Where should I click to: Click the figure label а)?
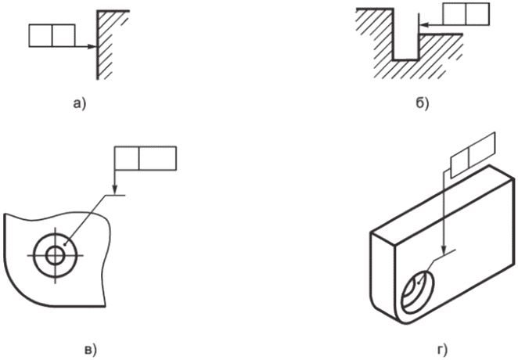79,104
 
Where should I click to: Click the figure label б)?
422,103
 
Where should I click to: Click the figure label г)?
442,349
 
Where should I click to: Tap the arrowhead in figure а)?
93,47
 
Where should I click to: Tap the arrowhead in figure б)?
423,24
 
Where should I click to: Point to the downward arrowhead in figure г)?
444,250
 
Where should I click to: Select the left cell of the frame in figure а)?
41,35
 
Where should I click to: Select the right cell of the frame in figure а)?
63,35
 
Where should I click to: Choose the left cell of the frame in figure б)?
455,13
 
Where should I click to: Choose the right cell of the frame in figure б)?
477,13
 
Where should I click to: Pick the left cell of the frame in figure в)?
127,158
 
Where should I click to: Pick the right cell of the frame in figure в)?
157,158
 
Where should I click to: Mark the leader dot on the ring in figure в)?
66,245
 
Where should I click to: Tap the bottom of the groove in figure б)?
405,60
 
